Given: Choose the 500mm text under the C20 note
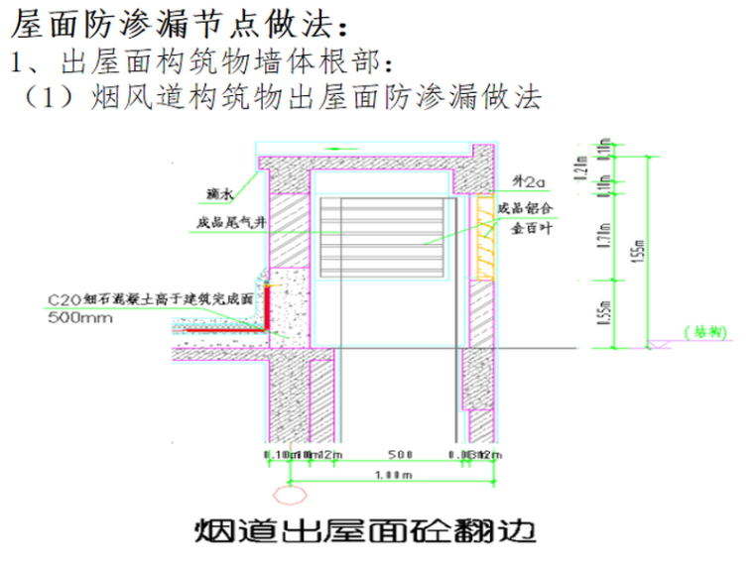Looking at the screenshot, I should pyautogui.click(x=79, y=318).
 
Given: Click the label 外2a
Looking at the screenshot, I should pyautogui.click(x=528, y=183).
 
